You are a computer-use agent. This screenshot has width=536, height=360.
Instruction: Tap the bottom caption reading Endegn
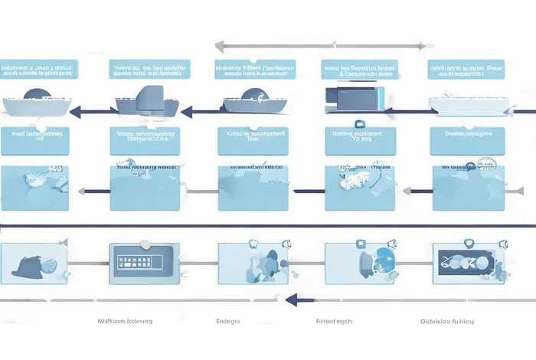(228, 321)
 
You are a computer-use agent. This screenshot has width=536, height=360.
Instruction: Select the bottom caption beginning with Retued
(334, 321)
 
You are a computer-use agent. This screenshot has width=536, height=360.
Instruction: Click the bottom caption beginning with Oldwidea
(447, 321)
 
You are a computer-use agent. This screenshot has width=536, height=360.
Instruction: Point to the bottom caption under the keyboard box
(125, 321)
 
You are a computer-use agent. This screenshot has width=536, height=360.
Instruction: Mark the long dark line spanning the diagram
(268, 226)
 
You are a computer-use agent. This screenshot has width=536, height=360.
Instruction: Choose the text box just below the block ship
(145, 137)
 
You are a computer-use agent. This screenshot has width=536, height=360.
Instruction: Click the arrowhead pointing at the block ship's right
(184, 112)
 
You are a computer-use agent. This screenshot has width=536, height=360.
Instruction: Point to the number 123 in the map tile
(53, 167)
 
